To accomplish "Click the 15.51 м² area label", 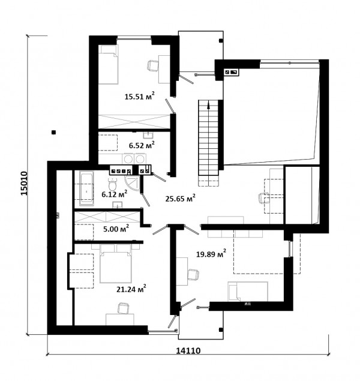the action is coord(139,96).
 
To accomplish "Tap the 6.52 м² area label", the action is coord(142,145).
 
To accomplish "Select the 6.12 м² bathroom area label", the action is coord(115,194).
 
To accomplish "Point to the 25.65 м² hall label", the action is coord(180,198).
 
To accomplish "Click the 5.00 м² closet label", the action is coord(116,229).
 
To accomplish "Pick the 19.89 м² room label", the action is coord(211,254).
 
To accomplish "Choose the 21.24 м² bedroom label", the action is coord(131,289).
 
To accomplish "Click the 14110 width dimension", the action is coord(188,350).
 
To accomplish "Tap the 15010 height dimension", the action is coord(24,183).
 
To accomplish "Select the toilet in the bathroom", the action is coord(112,184).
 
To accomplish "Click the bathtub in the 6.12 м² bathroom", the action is coord(87,188).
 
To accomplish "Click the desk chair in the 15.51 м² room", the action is coord(153,65).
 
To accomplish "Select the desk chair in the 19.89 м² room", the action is coord(193,275).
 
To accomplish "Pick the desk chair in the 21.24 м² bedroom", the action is coord(124,308).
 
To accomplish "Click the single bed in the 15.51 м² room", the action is coord(109,65).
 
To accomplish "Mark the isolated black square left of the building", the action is coord(53,133).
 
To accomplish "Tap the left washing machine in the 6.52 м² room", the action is coord(128,159).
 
